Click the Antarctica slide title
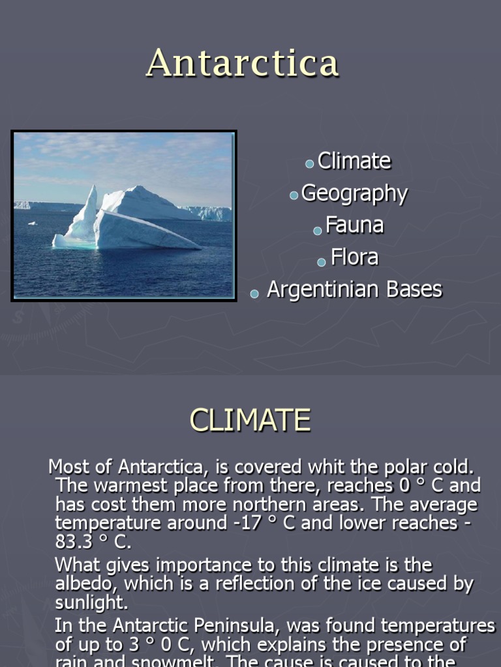(x=243, y=63)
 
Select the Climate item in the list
(x=354, y=161)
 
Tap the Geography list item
(x=354, y=193)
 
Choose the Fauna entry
(x=354, y=225)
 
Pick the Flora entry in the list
(x=354, y=257)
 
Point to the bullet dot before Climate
(x=310, y=164)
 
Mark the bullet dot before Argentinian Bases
(x=254, y=294)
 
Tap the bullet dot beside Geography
(x=294, y=196)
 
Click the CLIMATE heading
(x=250, y=420)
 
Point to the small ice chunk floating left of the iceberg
(x=32, y=223)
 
